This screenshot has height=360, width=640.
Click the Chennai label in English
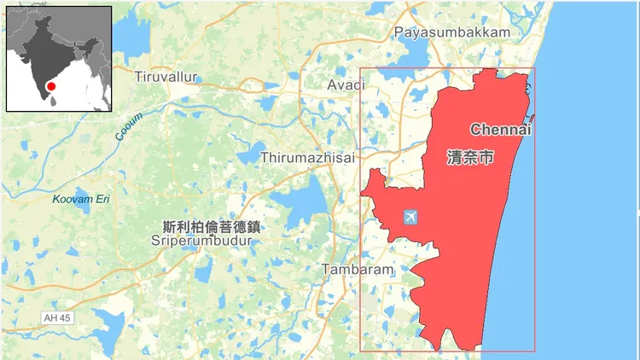click(x=501, y=130)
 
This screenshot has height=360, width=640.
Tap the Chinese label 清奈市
click(x=470, y=158)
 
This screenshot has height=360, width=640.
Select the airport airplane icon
click(x=411, y=217)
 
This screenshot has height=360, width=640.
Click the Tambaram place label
click(x=358, y=270)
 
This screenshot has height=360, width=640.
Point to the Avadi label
click(x=346, y=84)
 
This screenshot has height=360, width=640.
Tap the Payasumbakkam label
click(x=452, y=32)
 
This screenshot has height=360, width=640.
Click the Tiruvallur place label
click(x=166, y=77)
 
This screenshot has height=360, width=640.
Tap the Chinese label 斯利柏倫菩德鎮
click(x=211, y=227)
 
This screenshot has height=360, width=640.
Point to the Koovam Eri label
click(x=81, y=200)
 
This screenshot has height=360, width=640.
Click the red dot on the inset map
click(x=51, y=86)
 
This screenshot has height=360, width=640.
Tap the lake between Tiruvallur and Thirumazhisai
click(x=247, y=154)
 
